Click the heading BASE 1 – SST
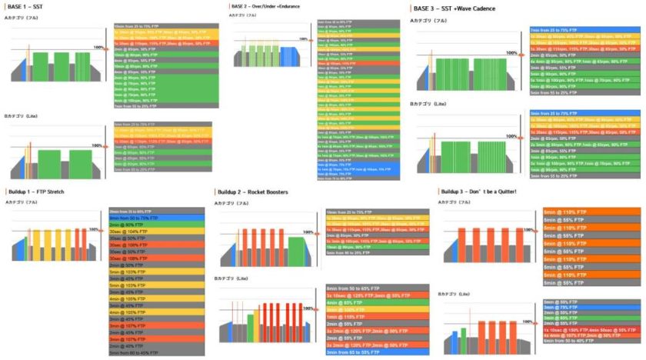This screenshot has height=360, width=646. tap(26, 6)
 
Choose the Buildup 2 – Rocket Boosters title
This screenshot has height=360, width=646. tap(258, 190)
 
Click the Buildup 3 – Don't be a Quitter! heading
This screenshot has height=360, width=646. tap(481, 190)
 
